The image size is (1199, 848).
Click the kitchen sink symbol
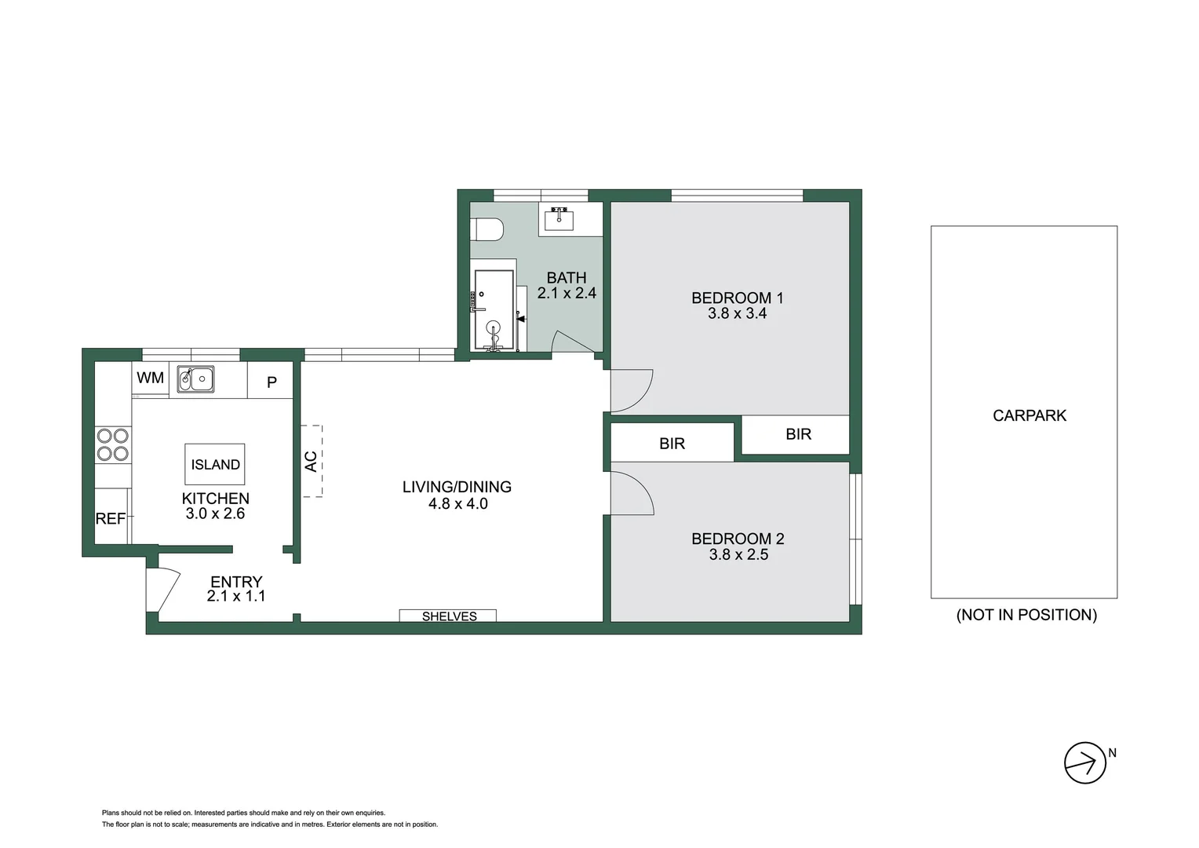click(x=195, y=379)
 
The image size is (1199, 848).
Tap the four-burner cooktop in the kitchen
click(x=112, y=444)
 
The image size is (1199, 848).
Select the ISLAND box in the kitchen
click(x=215, y=464)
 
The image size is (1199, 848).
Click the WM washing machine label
click(x=150, y=378)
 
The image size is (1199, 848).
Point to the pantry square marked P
click(x=271, y=382)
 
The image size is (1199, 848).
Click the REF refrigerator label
click(x=111, y=518)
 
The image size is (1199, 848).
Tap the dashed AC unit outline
click(x=312, y=461)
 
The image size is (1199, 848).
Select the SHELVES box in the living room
click(x=448, y=616)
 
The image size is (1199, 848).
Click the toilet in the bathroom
click(x=487, y=230)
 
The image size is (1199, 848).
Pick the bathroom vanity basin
click(x=559, y=217)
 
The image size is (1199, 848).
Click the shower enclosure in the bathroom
click(x=494, y=310)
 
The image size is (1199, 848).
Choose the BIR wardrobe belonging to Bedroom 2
click(x=672, y=444)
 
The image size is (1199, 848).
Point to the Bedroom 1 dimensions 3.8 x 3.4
click(x=737, y=313)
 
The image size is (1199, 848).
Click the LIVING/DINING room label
click(x=457, y=487)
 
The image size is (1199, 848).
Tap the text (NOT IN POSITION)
click(x=1026, y=615)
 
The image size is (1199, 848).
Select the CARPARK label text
click(x=1029, y=415)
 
